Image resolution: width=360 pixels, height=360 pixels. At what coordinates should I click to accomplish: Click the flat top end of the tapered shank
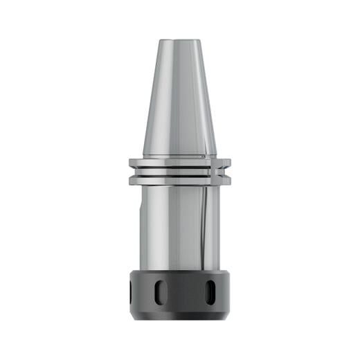(x=179, y=39)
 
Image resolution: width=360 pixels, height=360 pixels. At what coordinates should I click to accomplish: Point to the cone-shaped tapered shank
(x=179, y=97)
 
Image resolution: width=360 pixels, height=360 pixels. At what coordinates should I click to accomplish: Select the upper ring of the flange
(x=179, y=163)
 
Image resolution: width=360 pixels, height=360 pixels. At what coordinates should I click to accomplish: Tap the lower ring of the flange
(x=179, y=179)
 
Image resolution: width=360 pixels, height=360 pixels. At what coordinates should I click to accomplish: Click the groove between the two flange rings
(x=179, y=171)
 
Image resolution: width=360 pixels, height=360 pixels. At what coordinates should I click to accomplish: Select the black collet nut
(x=179, y=295)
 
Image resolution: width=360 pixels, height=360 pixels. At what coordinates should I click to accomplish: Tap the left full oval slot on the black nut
(x=160, y=293)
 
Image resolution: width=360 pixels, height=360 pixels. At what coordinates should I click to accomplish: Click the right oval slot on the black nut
(x=209, y=293)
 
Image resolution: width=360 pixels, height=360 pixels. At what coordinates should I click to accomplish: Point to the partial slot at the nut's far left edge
(x=131, y=293)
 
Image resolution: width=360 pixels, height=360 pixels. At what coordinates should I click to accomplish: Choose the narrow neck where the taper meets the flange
(x=179, y=156)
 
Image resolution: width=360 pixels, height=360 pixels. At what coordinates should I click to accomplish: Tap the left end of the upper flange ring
(x=132, y=163)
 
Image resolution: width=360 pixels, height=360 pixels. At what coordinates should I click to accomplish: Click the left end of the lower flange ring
(x=132, y=179)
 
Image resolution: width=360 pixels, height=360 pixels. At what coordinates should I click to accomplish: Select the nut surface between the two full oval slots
(x=184, y=294)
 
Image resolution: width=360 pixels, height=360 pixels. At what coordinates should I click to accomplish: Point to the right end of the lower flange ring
(x=227, y=179)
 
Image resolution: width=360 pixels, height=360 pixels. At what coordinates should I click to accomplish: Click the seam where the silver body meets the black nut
(x=179, y=269)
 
